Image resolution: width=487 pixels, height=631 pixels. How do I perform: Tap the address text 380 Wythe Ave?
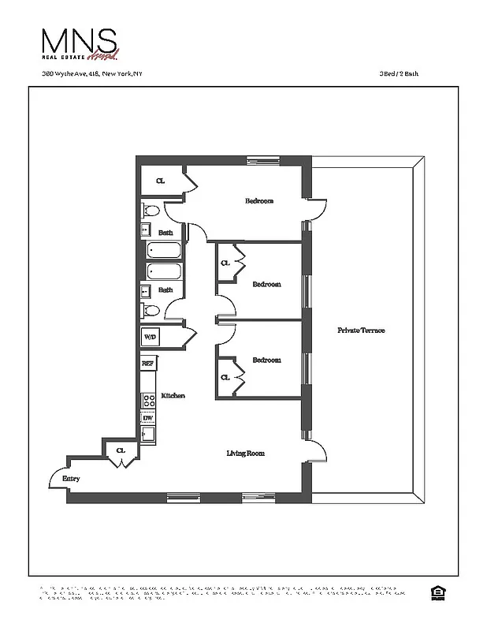(x=92, y=76)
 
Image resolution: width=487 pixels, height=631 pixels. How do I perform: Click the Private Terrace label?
(x=361, y=330)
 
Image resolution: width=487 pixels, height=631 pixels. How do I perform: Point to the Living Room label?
(x=245, y=454)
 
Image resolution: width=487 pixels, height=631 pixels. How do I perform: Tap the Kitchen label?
(x=173, y=395)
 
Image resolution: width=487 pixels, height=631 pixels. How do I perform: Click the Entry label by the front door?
(x=71, y=479)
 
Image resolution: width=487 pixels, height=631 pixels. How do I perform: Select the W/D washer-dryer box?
(x=149, y=337)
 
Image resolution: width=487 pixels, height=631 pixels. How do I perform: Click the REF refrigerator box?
(x=147, y=364)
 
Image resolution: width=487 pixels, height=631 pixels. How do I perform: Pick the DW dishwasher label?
(x=147, y=417)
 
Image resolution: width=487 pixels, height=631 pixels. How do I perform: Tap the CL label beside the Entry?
(x=121, y=450)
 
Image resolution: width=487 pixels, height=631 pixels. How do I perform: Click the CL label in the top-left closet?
(x=161, y=181)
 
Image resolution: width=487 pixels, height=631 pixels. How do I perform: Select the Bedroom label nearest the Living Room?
(x=266, y=360)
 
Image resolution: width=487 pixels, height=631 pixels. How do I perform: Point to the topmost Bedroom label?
(x=259, y=201)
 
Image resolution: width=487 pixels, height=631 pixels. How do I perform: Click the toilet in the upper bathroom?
(x=150, y=211)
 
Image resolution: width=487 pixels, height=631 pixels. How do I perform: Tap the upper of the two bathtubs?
(x=165, y=252)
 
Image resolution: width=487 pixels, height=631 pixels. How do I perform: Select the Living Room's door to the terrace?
(x=317, y=451)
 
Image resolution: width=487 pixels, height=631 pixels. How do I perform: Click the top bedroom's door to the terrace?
(x=316, y=210)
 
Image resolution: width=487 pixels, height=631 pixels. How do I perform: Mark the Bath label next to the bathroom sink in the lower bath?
(x=165, y=289)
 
